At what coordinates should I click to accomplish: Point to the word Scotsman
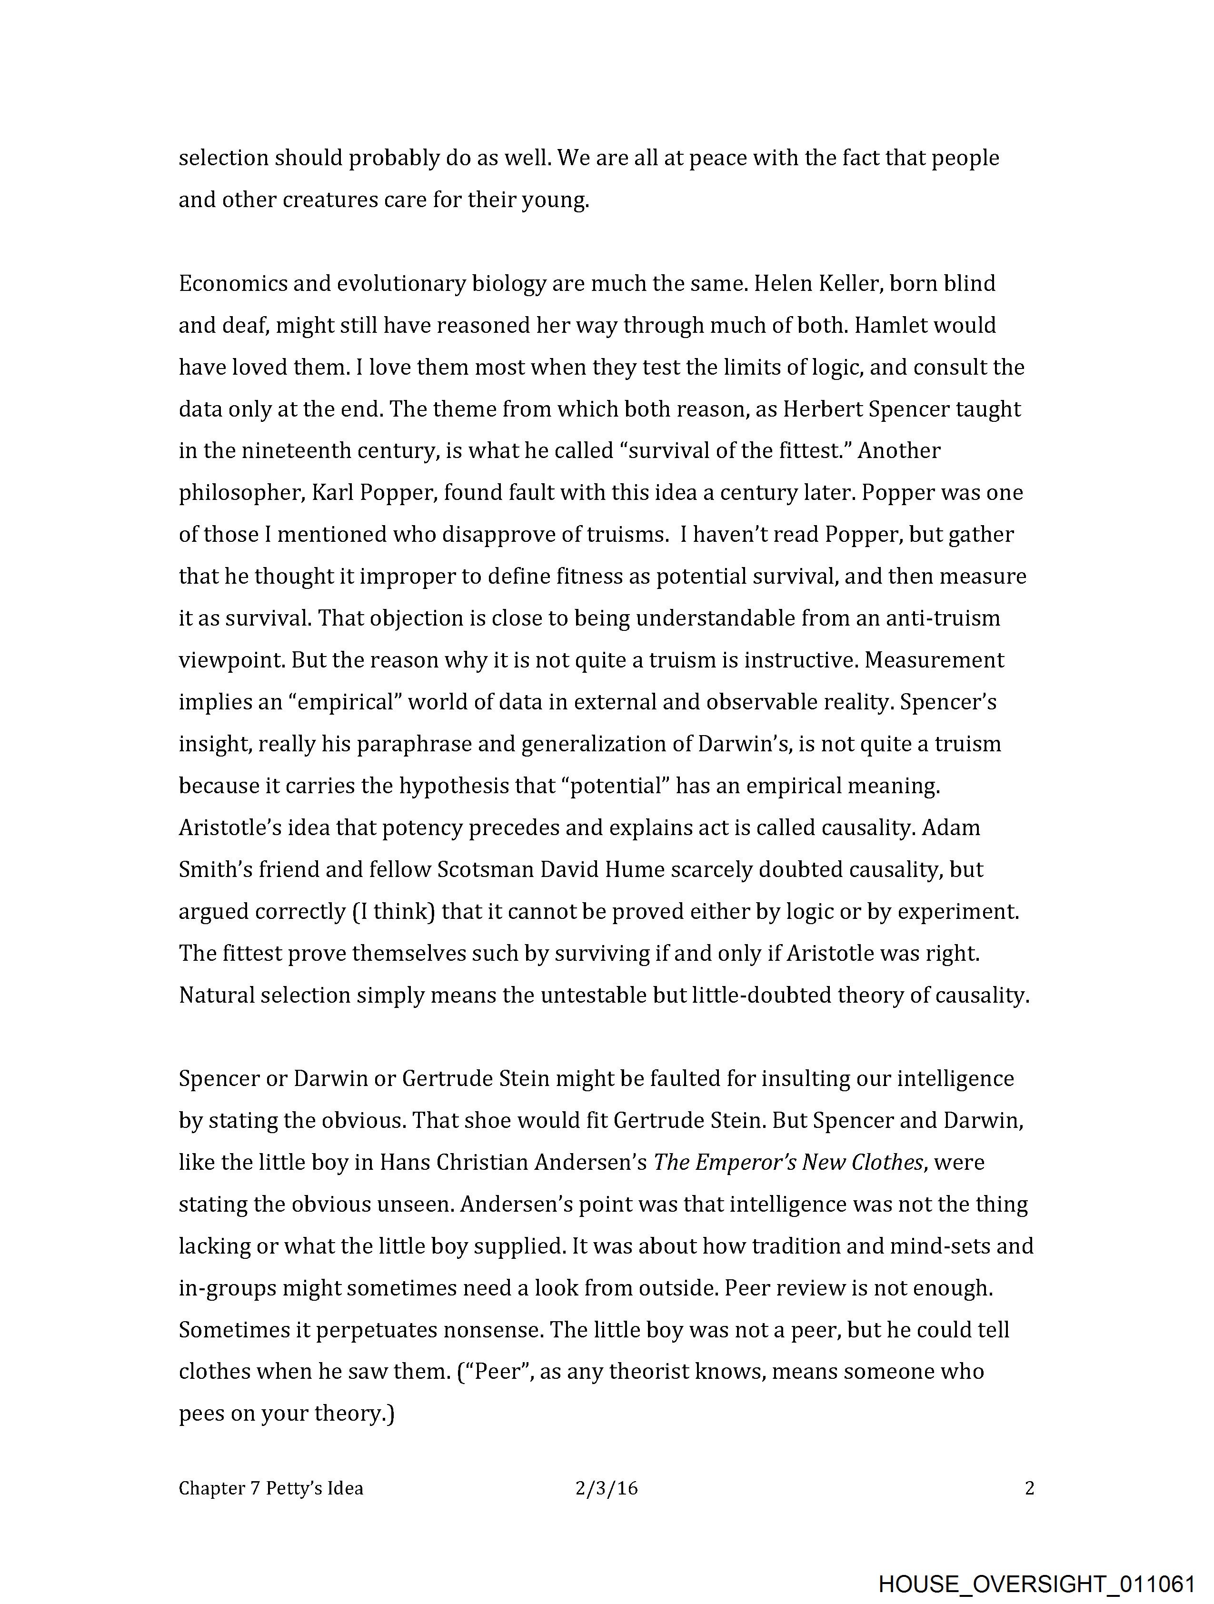[x=485, y=869]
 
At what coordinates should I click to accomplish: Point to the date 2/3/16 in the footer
[x=606, y=1489]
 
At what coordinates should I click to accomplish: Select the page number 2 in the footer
[x=1029, y=1489]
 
